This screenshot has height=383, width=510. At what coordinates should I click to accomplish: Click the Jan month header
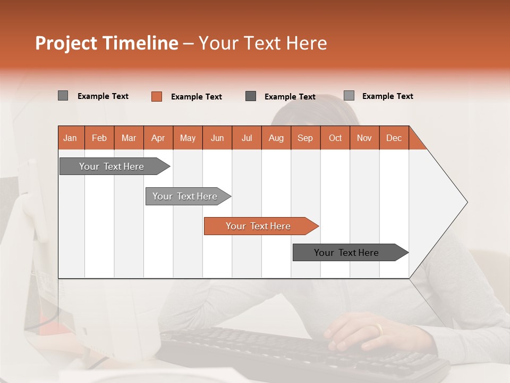point(71,138)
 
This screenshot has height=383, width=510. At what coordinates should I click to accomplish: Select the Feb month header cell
point(99,138)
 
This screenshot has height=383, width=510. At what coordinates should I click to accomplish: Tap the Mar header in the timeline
point(129,138)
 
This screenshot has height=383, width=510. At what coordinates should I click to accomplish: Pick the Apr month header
point(158,138)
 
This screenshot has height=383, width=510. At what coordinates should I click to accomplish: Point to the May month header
point(188,138)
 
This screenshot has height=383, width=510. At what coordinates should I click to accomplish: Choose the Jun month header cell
point(217,138)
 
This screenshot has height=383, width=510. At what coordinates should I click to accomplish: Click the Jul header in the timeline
point(246,138)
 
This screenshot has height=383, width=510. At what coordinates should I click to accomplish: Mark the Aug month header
point(276,138)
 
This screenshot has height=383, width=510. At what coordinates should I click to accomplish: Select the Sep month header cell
point(305,138)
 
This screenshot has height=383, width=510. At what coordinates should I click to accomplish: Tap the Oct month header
point(335,138)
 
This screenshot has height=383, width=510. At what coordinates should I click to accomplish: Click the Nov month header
point(364,138)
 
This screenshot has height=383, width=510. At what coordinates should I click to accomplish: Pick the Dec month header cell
point(394,138)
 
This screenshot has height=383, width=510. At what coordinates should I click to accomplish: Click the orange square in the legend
point(157,96)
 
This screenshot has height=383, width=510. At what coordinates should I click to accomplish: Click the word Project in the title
point(67,43)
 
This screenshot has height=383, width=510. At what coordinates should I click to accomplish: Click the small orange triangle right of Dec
point(416,141)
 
